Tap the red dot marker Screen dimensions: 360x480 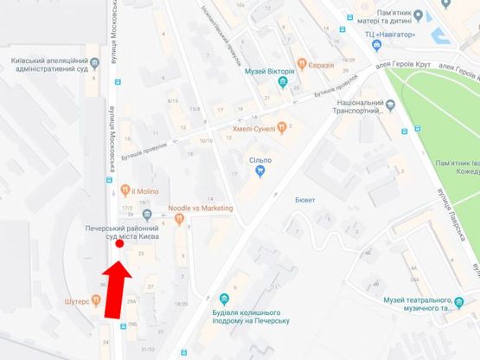(119, 244)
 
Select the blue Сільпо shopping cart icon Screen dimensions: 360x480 (259, 171)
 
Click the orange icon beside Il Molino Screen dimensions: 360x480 (125, 190)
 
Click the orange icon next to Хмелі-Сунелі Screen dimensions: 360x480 (282, 129)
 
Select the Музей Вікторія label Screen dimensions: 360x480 (270, 71)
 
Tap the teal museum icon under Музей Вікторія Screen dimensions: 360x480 (282, 83)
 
